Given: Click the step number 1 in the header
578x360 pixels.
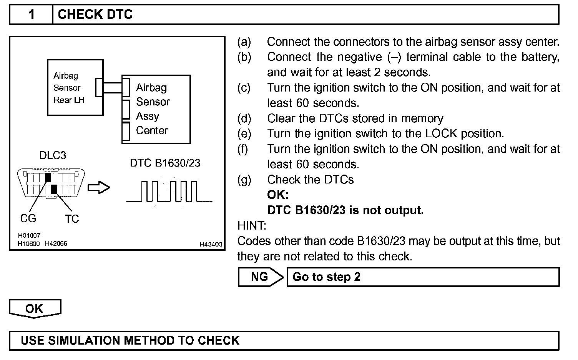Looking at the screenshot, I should pos(32,15).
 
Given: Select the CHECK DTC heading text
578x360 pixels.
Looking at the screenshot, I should pos(95,15).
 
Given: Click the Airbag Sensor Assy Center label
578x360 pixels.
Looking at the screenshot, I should pos(152,109).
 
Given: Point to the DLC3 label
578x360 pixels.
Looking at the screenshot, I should pos(52,155).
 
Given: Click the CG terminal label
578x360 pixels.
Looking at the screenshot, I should pos(28,218).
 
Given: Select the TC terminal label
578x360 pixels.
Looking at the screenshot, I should pos(72,219).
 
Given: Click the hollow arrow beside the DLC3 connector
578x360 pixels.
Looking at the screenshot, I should pos(99,188).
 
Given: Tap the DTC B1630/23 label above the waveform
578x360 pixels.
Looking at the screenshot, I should pos(165,163).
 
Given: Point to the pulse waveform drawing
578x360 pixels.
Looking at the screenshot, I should pos(169,191).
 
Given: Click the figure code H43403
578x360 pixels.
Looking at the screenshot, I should pos(211,244).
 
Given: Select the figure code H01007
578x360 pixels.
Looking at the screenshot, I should pos(29,235).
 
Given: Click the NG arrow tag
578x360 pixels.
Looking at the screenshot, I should pos(260,277).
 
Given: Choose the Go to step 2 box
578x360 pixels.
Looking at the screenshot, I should pos(423,277).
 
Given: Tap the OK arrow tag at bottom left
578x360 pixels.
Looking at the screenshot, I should pos(35,308).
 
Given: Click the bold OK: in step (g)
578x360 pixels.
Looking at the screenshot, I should pos(277,195).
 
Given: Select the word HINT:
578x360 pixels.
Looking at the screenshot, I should pos(252,225).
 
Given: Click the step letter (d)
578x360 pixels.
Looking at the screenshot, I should pos(244,118).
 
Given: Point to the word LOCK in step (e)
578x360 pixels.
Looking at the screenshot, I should pos(441,134).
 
